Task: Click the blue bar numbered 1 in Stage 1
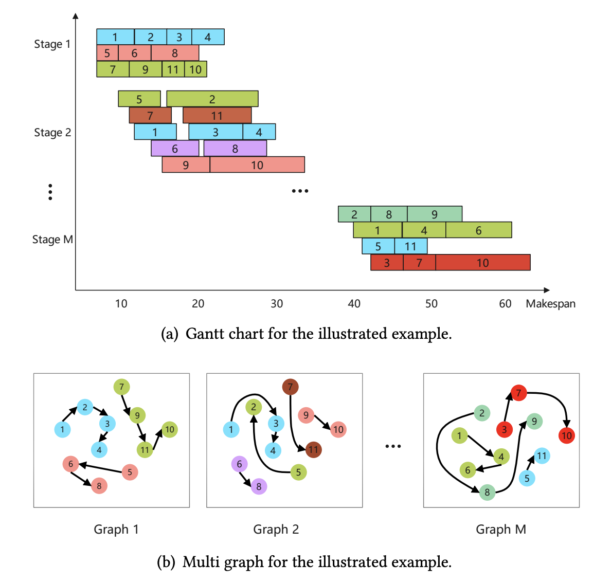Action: click(x=115, y=37)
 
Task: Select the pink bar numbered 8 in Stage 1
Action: click(x=175, y=53)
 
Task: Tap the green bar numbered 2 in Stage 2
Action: click(x=212, y=99)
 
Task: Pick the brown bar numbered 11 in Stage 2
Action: click(x=217, y=115)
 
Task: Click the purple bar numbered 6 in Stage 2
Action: click(x=175, y=148)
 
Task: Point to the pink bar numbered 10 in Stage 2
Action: click(x=257, y=165)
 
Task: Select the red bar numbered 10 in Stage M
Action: click(x=482, y=262)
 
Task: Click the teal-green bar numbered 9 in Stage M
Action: click(x=435, y=214)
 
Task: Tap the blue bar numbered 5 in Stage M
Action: click(x=378, y=246)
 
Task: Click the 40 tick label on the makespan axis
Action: click(x=354, y=304)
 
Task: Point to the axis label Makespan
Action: click(x=550, y=304)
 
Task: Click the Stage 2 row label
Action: click(x=52, y=133)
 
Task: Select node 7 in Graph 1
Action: click(x=121, y=387)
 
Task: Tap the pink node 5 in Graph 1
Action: click(x=130, y=472)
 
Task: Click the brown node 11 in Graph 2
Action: click(x=313, y=450)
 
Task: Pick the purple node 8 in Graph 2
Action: click(x=259, y=486)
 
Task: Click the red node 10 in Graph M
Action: click(x=566, y=435)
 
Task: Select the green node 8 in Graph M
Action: click(x=487, y=492)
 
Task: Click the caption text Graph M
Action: click(x=501, y=529)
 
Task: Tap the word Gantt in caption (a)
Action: click(x=205, y=334)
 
